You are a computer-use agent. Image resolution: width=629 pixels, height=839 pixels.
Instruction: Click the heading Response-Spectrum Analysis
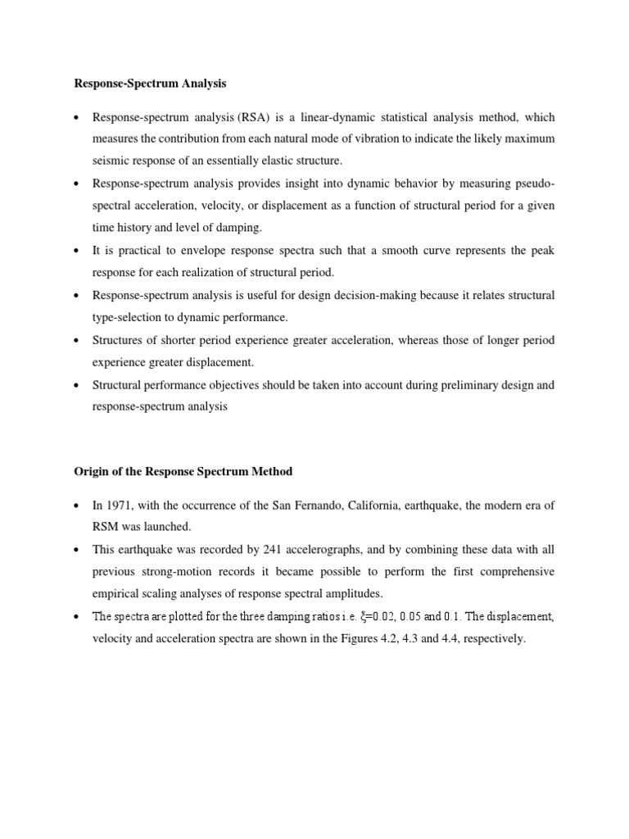point(149,83)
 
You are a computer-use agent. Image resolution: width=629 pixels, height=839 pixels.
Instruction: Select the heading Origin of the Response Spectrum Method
point(184,472)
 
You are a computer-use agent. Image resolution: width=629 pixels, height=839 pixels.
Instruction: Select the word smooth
point(373,250)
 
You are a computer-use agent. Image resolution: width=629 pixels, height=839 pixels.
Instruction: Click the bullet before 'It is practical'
point(76,250)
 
